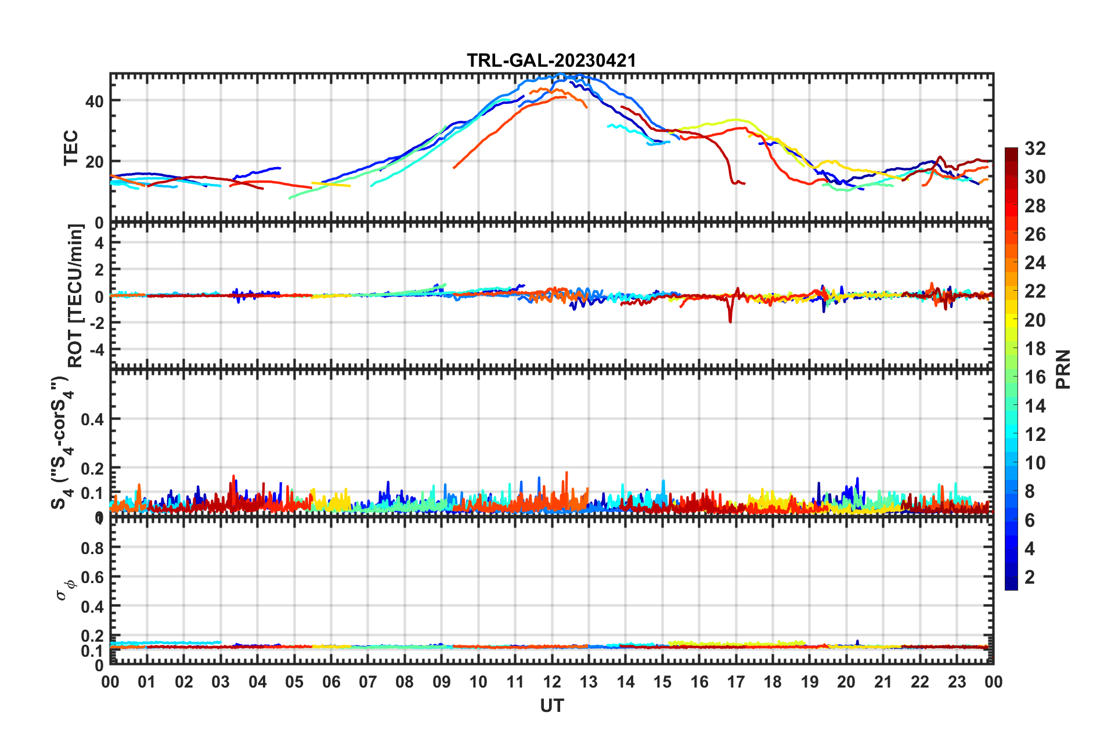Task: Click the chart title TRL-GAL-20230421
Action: point(551,60)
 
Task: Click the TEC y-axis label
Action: point(71,148)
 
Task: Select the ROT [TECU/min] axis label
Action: point(75,295)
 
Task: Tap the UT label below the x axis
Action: point(551,706)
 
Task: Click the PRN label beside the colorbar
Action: point(1063,369)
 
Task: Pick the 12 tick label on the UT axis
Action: point(551,682)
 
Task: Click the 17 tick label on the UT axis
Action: point(735,682)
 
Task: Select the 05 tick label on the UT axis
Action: point(294,682)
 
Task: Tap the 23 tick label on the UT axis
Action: point(957,682)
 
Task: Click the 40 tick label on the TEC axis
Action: point(94,101)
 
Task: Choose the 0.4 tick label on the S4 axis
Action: point(92,419)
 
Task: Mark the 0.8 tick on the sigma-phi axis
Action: point(92,548)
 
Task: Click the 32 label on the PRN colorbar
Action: point(1035,149)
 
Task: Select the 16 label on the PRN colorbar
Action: point(1035,377)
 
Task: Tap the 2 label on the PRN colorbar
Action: point(1030,577)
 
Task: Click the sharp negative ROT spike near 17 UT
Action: point(730,320)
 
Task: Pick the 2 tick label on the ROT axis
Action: point(99,269)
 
